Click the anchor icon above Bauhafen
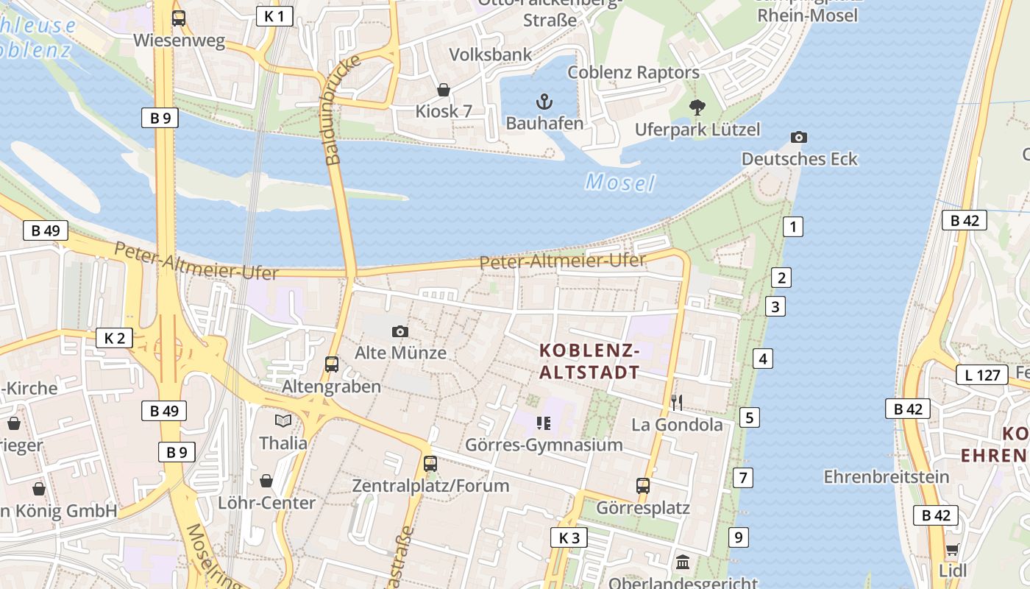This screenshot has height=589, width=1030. click(x=544, y=102)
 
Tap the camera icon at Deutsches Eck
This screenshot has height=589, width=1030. click(x=798, y=137)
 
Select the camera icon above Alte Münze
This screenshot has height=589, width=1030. click(x=399, y=331)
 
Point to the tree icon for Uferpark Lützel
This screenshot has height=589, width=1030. click(x=697, y=107)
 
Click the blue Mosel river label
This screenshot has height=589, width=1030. click(x=619, y=182)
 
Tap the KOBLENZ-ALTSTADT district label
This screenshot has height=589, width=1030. click(x=589, y=361)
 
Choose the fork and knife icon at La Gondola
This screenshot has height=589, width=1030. click(x=677, y=402)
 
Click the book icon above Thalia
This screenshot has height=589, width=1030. click(x=283, y=420)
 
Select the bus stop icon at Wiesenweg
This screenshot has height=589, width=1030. click(x=179, y=18)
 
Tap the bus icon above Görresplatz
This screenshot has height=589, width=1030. click(x=642, y=486)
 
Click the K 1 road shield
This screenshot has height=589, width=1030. click(x=274, y=15)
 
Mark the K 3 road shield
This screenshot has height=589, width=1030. click(x=569, y=537)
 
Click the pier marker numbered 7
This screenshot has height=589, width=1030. click(x=743, y=477)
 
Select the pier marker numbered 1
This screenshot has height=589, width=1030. click(x=792, y=227)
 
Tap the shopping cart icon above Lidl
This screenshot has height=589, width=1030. click(x=952, y=549)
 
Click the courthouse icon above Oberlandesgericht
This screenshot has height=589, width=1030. click(x=683, y=562)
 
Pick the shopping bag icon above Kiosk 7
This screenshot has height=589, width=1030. click(x=444, y=91)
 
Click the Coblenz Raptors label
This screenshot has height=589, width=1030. click(x=633, y=72)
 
